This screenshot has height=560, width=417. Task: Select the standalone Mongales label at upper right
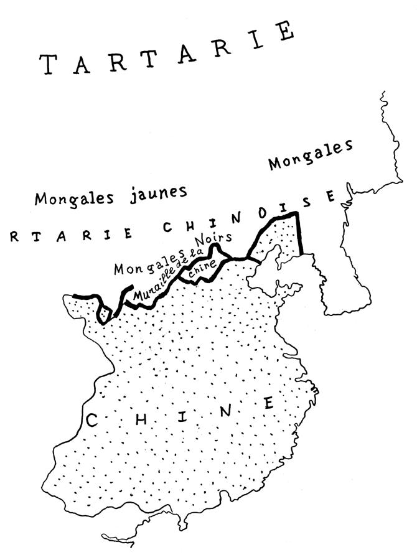(311, 156)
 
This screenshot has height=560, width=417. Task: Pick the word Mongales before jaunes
(75, 198)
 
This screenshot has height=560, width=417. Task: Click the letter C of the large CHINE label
(91, 421)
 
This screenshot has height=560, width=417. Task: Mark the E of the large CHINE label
(268, 403)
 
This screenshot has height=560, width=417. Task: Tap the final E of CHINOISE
(331, 197)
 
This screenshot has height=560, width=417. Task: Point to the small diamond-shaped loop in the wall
(104, 314)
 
